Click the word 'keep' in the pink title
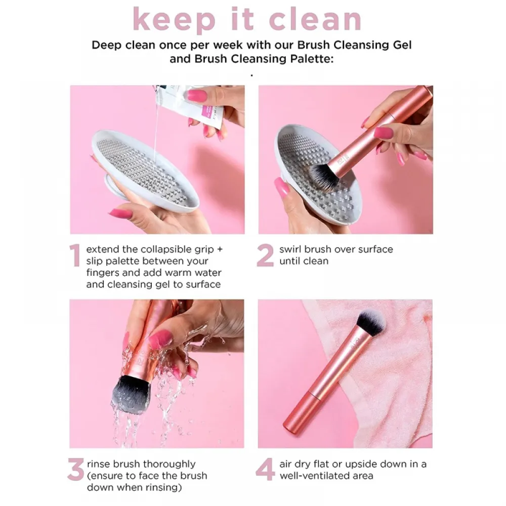174,20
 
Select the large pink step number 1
75,255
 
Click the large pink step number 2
265,255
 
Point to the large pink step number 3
76,470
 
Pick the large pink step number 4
265,470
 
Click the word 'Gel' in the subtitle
402,45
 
